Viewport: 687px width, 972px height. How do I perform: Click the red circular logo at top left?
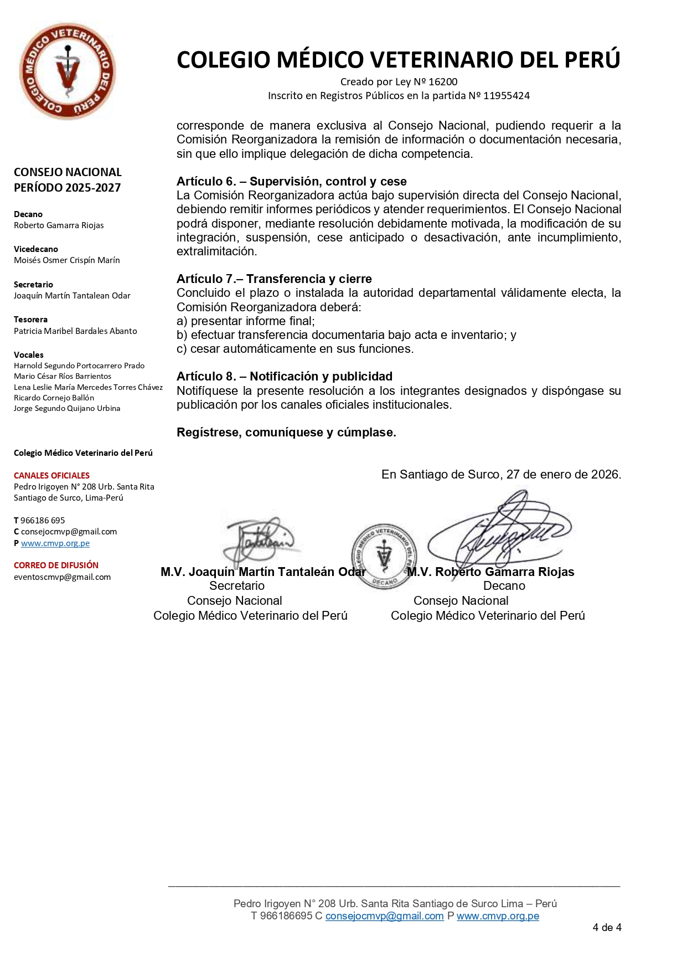67,70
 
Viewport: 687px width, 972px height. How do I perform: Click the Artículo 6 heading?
291,182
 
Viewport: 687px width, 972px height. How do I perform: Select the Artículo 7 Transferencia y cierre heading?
274,279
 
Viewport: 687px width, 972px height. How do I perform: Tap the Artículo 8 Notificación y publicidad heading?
284,377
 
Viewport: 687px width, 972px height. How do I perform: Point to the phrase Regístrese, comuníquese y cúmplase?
286,433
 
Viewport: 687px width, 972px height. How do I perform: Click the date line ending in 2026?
501,475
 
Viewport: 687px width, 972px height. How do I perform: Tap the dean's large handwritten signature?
498,529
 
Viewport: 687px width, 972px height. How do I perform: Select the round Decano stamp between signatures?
384,556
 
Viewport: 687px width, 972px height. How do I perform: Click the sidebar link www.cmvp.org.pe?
55,543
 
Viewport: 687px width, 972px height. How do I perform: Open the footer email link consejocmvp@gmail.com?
384,916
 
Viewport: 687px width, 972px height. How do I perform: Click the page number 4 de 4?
607,928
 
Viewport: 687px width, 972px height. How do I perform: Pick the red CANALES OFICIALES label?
51,476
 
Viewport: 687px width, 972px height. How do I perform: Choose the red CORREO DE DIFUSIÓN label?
56,565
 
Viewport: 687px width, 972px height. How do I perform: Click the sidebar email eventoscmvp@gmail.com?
62,577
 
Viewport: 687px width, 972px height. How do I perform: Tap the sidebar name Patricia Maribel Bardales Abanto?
75,331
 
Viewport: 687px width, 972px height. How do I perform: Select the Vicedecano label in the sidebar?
36,249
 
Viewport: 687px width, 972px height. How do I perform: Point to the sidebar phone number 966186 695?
43,521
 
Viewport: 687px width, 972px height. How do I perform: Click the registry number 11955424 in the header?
507,96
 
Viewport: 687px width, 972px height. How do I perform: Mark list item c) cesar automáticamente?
295,349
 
